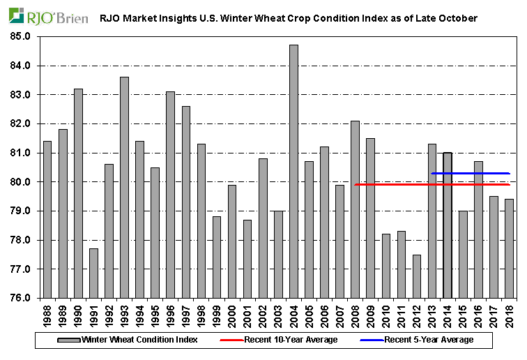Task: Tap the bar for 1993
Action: (124, 188)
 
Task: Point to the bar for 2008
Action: (355, 209)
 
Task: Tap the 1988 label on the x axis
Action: (47, 313)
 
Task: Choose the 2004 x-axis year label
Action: (293, 313)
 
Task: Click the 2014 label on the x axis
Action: (448, 313)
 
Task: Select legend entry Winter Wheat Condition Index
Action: (139, 340)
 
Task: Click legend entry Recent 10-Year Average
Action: (290, 340)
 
